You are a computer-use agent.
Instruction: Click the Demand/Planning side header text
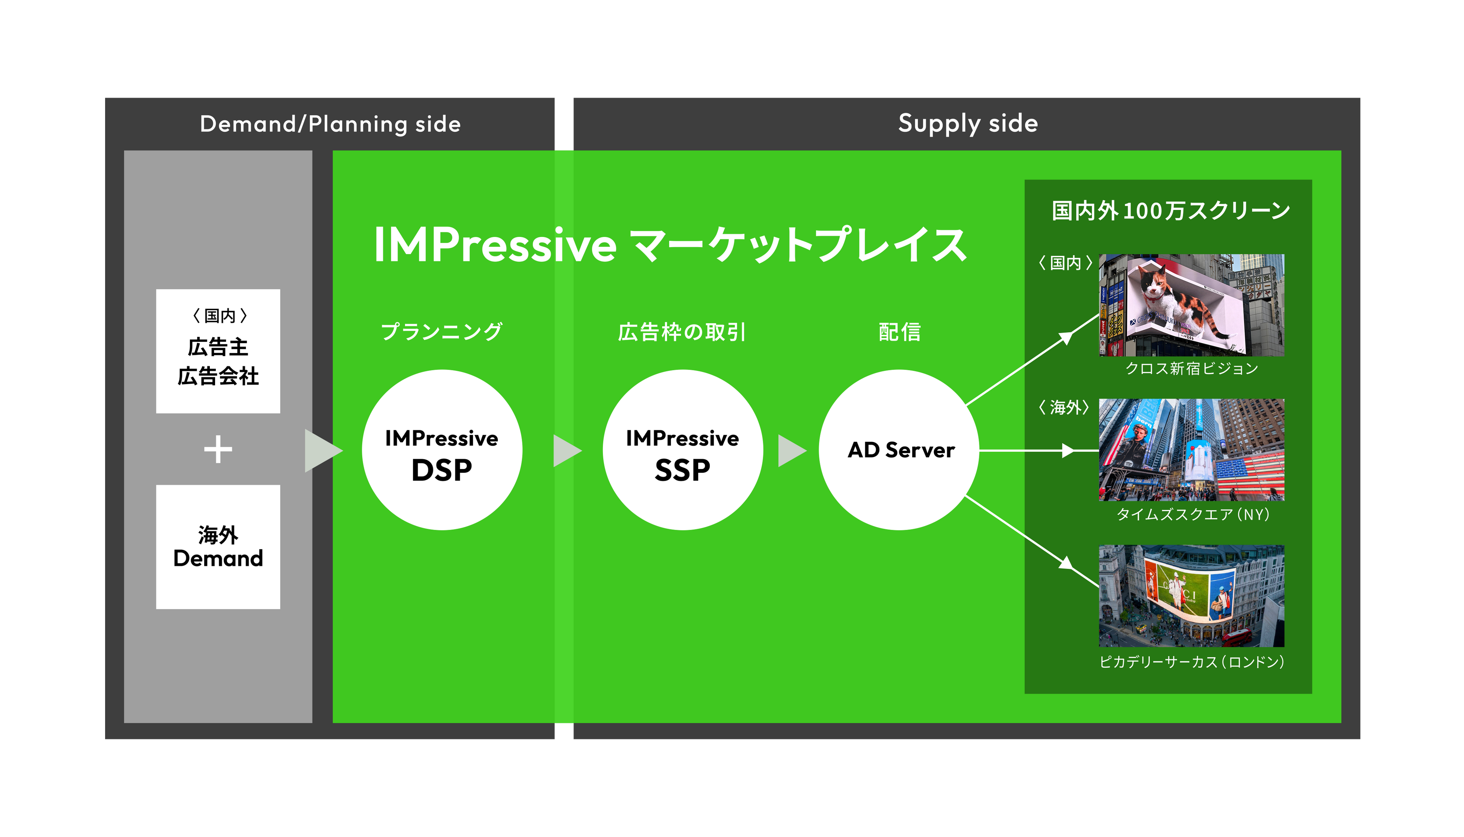pyautogui.click(x=330, y=124)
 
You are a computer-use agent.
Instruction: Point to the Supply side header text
pyautogui.click(x=968, y=123)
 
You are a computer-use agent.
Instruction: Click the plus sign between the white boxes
pyautogui.click(x=218, y=449)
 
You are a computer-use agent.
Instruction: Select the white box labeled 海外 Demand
pyautogui.click(x=218, y=547)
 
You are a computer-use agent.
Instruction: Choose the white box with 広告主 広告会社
pyautogui.click(x=218, y=351)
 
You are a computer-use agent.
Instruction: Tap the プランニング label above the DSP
pyautogui.click(x=442, y=332)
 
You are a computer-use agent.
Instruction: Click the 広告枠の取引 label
pyautogui.click(x=682, y=332)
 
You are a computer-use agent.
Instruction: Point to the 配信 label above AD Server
pyautogui.click(x=900, y=332)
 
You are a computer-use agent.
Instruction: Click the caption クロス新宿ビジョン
pyautogui.click(x=1191, y=368)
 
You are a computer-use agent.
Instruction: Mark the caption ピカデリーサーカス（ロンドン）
pyautogui.click(x=1191, y=662)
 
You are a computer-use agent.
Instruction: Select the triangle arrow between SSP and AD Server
pyautogui.click(x=790, y=451)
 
